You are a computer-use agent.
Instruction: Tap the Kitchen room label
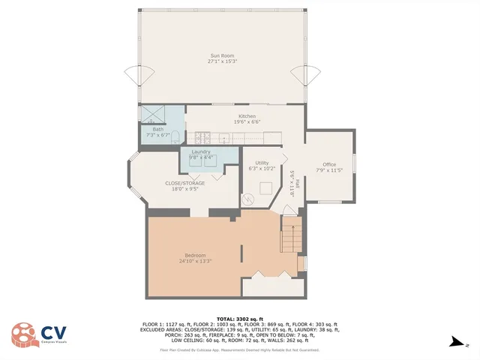[x=247, y=118]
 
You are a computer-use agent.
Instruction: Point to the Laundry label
[x=200, y=154]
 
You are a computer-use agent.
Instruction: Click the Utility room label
[x=262, y=165]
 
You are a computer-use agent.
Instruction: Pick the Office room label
[x=329, y=166]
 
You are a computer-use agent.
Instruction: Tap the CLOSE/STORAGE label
[x=184, y=185]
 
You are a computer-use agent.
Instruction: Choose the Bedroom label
[x=196, y=257]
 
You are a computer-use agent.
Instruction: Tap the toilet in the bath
[x=175, y=136]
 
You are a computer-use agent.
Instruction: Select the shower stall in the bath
[x=153, y=114]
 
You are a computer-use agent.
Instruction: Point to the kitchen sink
[x=223, y=137]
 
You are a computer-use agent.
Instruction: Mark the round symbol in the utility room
[x=248, y=200]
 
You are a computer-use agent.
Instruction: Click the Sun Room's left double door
[x=135, y=76]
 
